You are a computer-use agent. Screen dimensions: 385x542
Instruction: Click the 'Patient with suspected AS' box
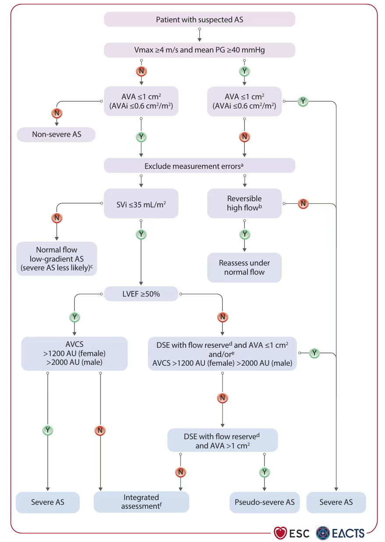click(x=199, y=19)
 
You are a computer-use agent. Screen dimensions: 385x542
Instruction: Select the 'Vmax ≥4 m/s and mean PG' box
click(x=199, y=50)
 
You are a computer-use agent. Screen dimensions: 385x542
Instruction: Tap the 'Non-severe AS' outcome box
click(x=56, y=135)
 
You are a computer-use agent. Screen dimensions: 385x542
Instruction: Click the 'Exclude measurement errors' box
click(x=199, y=165)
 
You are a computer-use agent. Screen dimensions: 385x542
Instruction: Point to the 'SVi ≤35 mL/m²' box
click(x=141, y=203)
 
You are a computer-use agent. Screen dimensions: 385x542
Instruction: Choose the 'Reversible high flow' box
click(x=244, y=203)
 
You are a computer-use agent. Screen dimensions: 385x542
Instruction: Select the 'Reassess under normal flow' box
click(x=244, y=268)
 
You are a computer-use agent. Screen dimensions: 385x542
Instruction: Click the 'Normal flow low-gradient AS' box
click(x=57, y=259)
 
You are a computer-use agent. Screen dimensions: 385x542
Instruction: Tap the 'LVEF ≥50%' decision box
click(x=141, y=294)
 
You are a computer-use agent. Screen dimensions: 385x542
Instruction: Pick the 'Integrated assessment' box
click(x=141, y=502)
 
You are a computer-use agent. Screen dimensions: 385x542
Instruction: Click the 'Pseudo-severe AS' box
click(x=265, y=502)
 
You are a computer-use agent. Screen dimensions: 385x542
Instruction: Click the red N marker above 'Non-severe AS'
click(x=57, y=113)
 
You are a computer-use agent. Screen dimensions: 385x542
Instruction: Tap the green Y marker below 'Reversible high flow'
click(x=244, y=234)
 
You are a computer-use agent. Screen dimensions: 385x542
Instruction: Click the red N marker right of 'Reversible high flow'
click(x=303, y=204)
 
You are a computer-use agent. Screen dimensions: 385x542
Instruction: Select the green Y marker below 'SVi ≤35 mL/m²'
click(x=141, y=234)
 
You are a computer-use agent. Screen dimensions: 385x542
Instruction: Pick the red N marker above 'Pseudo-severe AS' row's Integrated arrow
click(x=180, y=472)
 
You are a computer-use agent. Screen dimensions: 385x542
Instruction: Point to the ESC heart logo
click(x=280, y=533)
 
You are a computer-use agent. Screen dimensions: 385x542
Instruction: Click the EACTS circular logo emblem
click(x=323, y=533)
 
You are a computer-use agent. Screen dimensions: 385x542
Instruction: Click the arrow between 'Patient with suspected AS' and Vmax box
click(x=199, y=35)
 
